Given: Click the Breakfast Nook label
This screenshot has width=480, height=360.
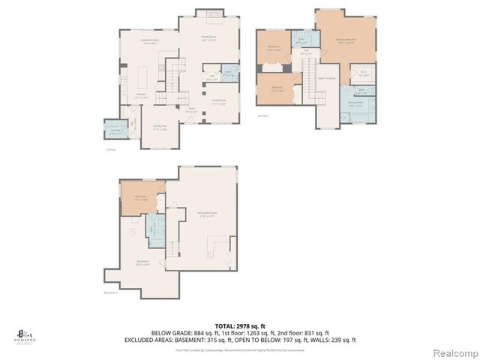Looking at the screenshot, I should pos(148,42).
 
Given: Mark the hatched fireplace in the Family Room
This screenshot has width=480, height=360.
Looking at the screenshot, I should pos(209,13).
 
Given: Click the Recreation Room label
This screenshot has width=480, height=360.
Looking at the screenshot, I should pos(207,214).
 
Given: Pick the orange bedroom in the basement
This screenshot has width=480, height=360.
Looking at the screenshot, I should pos(140,197).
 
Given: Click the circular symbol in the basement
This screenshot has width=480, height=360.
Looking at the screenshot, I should pos(133,232).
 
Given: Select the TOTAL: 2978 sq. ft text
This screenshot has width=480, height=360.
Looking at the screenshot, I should pos(239,325).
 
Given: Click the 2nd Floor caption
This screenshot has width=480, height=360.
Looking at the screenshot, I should pos(262,116).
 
